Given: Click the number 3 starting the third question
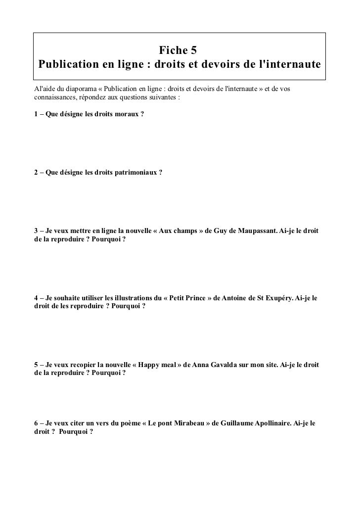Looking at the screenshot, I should tap(36, 232).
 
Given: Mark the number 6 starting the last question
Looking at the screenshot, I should tap(36, 424).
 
